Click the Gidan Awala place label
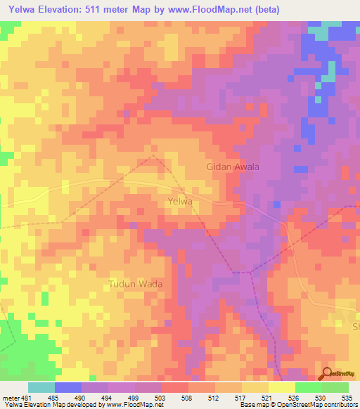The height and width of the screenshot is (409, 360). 233,167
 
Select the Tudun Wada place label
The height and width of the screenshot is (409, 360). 135,285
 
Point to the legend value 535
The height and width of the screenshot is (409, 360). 347,397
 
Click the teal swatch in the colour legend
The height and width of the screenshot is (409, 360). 41,387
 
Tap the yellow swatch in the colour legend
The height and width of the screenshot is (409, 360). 282,387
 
